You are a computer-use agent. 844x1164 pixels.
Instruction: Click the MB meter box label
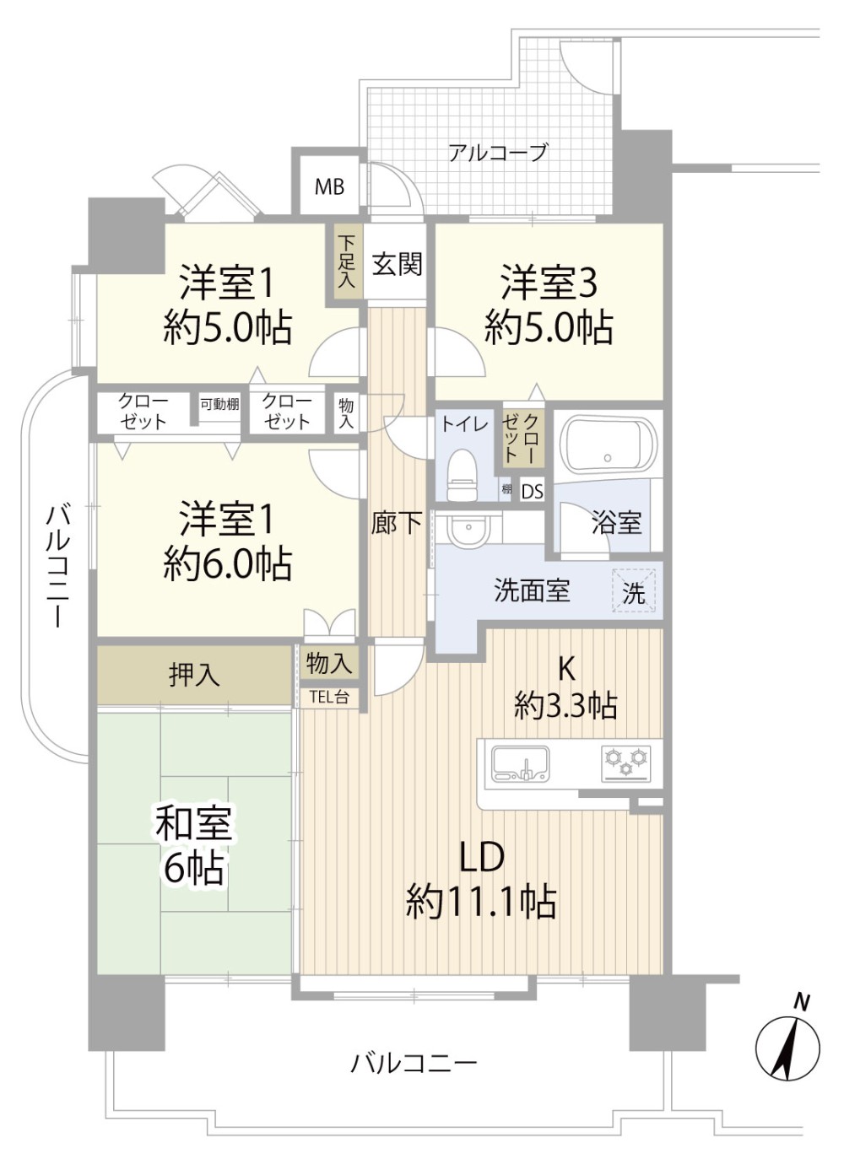pyautogui.click(x=329, y=186)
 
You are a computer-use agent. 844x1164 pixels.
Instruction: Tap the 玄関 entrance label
pyautogui.click(x=397, y=264)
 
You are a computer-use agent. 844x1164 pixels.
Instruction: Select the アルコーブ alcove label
pyautogui.click(x=498, y=153)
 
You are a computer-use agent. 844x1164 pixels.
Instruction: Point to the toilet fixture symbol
pyautogui.click(x=462, y=475)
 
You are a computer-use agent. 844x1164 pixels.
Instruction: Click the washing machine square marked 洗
pyautogui.click(x=633, y=590)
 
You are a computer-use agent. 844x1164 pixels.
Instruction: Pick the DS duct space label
pyautogui.click(x=532, y=491)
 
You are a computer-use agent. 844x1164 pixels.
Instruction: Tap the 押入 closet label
pyautogui.click(x=194, y=675)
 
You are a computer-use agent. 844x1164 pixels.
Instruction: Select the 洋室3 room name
pyautogui.click(x=549, y=284)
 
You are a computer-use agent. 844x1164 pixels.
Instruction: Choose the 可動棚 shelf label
pyautogui.click(x=220, y=403)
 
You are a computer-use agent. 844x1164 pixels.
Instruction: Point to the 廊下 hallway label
pyautogui.click(x=397, y=523)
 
